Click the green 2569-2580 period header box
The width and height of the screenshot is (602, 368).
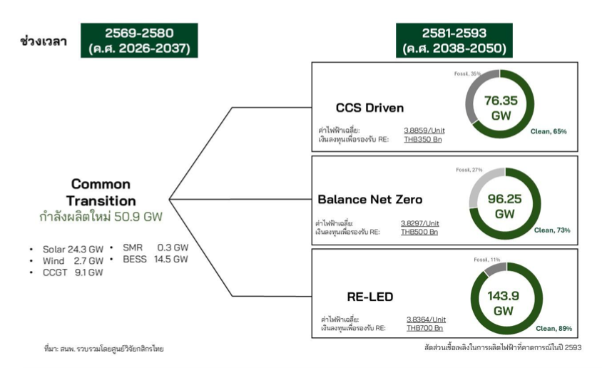point(139,40)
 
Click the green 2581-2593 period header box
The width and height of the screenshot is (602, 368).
point(454,40)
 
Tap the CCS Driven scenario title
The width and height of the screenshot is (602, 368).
point(369,108)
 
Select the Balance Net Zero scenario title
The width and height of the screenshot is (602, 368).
point(369,200)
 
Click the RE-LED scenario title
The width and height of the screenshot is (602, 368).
point(369,297)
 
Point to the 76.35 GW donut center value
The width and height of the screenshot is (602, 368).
point(501,108)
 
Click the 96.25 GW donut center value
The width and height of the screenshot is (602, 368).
point(504,206)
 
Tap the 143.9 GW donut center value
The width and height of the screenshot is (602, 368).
point(503,303)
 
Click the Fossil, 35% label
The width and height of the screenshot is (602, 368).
point(467,73)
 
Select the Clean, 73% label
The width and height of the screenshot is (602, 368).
point(552,230)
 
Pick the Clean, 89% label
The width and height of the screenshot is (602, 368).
point(553,329)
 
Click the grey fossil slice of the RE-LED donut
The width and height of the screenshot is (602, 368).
point(494,269)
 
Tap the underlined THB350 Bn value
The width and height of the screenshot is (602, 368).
point(423,139)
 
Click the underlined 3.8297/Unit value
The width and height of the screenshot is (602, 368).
point(419,223)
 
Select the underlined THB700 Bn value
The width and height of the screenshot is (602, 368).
point(424,328)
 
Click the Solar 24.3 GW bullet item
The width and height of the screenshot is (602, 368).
point(73,250)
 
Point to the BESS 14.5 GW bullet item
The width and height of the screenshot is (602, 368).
point(155,260)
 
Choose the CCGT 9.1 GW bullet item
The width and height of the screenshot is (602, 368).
point(73,272)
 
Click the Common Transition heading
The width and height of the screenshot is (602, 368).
point(101,193)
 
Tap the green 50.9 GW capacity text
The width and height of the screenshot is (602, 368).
point(138,217)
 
